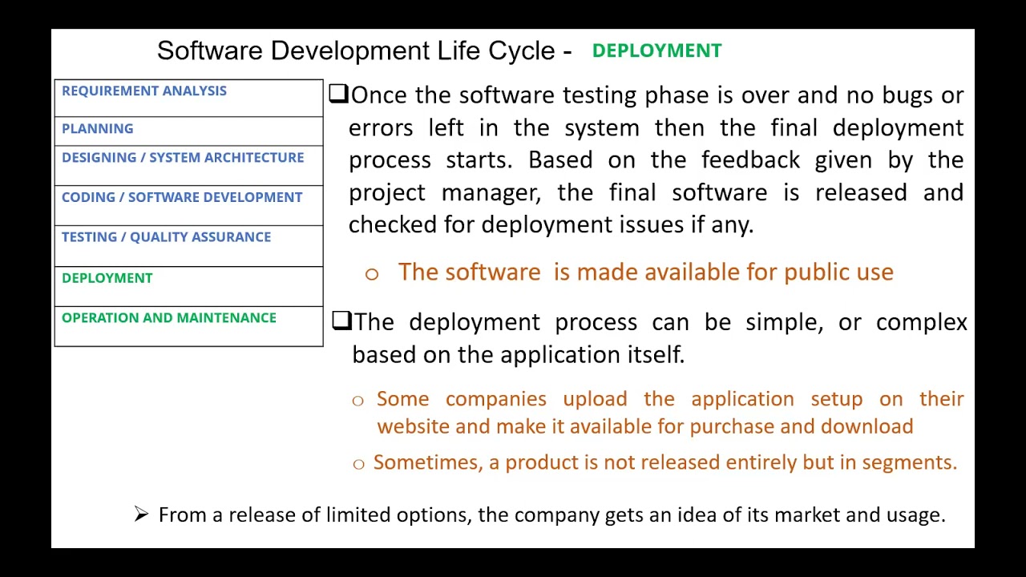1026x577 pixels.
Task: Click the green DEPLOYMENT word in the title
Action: tap(656, 50)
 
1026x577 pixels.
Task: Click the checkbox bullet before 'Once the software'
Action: tap(338, 94)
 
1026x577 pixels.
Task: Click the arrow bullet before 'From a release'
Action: tap(142, 514)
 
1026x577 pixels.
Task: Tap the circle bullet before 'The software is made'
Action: tap(371, 274)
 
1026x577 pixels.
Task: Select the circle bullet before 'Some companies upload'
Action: tap(357, 401)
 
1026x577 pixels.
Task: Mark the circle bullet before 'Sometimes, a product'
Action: tap(358, 464)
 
